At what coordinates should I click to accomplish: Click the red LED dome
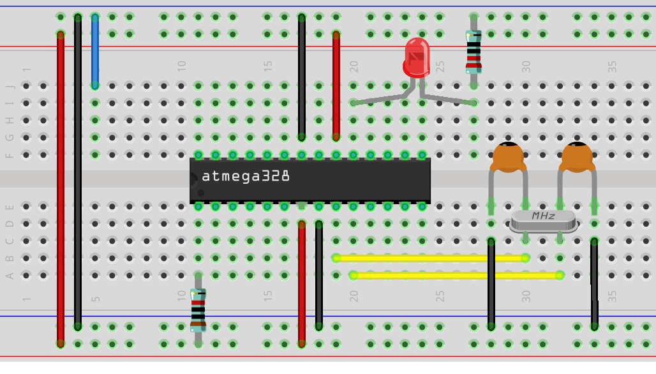pos(417,57)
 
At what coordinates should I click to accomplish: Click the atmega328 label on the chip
pos(246,176)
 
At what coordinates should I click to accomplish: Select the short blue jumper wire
pos(95,51)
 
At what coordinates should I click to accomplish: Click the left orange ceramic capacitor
pos(508,156)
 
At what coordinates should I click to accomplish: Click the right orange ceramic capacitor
pos(577,156)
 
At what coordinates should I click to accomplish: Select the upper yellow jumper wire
pos(429,258)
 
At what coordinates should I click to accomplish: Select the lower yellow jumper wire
pos(456,275)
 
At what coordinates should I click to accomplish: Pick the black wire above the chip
pos(302,77)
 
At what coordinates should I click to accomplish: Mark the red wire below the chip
pos(302,281)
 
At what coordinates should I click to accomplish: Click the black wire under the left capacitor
pos(491,284)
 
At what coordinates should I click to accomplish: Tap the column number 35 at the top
pos(612,65)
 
